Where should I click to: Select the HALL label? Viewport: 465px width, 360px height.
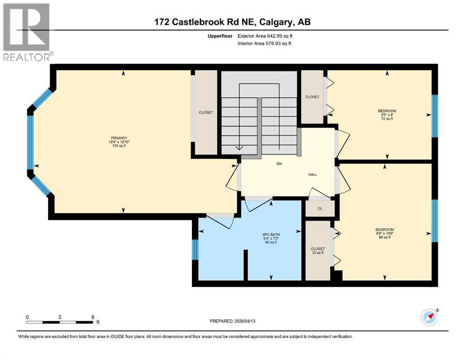click(312, 174)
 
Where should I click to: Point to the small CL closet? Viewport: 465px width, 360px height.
click(320, 209)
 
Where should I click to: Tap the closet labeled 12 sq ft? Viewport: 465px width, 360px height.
click(318, 251)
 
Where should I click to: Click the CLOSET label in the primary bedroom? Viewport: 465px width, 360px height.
click(206, 112)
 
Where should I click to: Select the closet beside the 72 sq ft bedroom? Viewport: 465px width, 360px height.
click(312, 97)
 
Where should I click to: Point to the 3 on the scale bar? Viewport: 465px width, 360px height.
click(59, 317)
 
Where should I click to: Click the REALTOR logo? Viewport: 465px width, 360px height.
click(27, 32)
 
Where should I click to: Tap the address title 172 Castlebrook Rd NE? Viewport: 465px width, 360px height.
click(232, 22)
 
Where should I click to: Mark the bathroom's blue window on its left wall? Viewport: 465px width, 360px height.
click(195, 249)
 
